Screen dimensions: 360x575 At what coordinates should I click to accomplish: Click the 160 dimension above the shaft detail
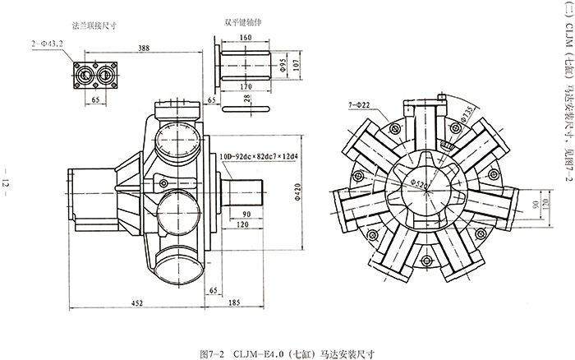(x=246, y=37)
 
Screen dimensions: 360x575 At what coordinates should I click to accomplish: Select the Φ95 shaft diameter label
(x=283, y=64)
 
